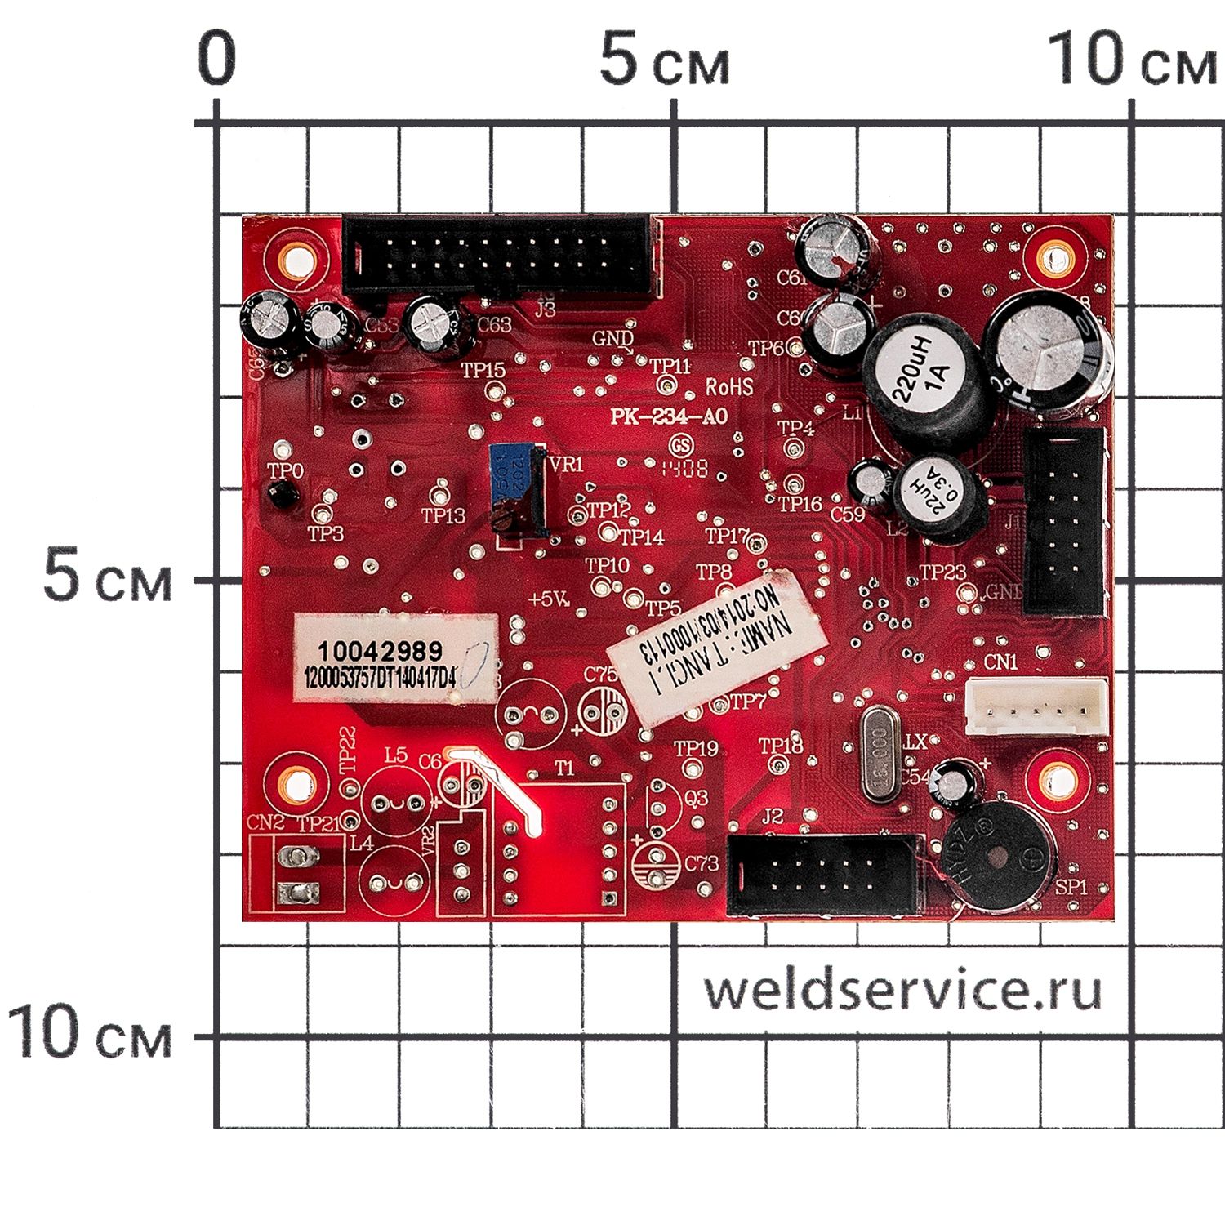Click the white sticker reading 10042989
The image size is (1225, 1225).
(397, 657)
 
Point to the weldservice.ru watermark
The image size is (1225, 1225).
(902, 991)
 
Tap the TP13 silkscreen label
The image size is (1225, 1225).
(443, 516)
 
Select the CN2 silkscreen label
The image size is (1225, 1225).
(268, 822)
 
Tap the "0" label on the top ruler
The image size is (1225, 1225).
(216, 60)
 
